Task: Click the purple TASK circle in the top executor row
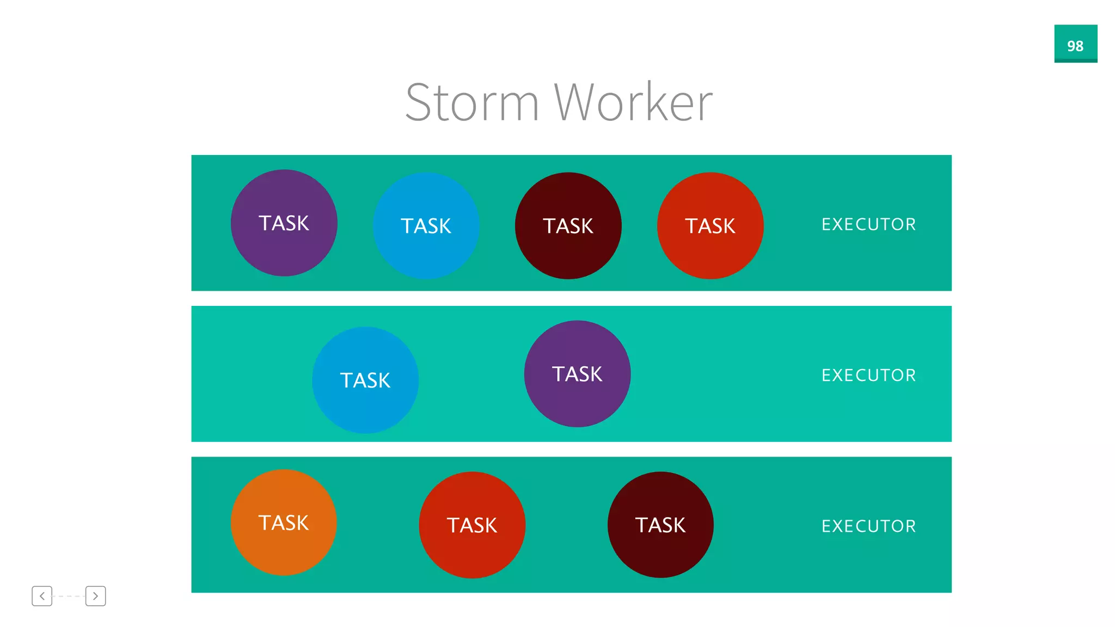click(x=284, y=223)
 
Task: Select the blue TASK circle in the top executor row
click(x=426, y=226)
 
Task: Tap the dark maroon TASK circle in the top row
click(x=568, y=226)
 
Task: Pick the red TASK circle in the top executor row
click(x=710, y=226)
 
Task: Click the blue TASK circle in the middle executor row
click(x=365, y=380)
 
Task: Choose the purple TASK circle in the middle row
click(x=577, y=374)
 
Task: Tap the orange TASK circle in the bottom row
click(x=284, y=522)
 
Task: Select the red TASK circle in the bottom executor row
click(x=472, y=525)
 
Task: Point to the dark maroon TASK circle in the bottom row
click(x=660, y=525)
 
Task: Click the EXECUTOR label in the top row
click(x=868, y=224)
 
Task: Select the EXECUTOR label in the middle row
click(x=868, y=375)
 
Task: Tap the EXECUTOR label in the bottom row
click(x=868, y=526)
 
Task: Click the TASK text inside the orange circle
click(x=284, y=523)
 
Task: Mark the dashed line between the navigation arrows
click(x=69, y=596)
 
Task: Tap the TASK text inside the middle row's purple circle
click(x=577, y=374)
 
